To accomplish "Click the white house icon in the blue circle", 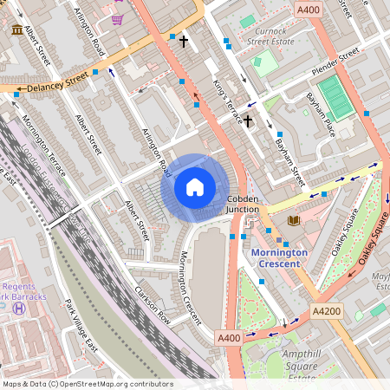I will pyautogui.click(x=195, y=186).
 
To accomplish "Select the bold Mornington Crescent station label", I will pyautogui.click(x=279, y=257).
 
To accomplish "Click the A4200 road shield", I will pyautogui.click(x=326, y=310).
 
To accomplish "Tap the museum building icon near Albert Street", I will pyautogui.click(x=17, y=30).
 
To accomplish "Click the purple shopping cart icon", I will pyautogui.click(x=117, y=18).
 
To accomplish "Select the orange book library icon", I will pyautogui.click(x=293, y=221).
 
